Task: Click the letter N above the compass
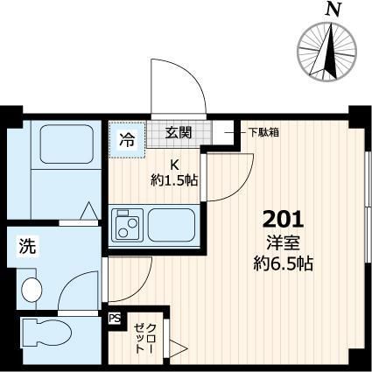331,10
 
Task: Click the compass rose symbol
331,48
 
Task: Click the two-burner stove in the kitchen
128,227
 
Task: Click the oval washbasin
32,287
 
